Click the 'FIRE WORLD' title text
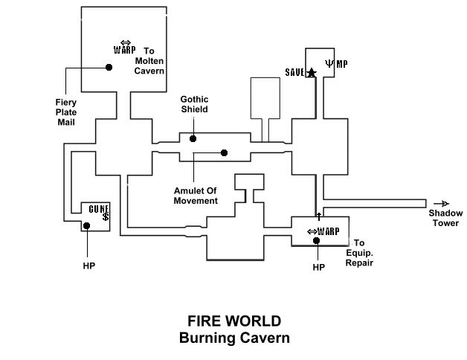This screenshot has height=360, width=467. (234, 321)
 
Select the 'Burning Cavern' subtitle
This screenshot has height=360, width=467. (234, 338)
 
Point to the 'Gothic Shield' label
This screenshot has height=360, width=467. (194, 104)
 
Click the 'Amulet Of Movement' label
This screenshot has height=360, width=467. (196, 196)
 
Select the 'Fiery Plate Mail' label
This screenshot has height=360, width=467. (66, 112)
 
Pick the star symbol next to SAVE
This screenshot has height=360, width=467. (312, 72)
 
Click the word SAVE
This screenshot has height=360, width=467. (295, 72)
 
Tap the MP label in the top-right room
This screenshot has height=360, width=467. (341, 64)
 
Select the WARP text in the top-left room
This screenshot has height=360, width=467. (124, 51)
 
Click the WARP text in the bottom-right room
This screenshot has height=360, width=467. (328, 231)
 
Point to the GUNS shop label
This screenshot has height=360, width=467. (99, 209)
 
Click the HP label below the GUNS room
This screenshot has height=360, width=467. (89, 265)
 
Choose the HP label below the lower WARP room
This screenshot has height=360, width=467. (319, 267)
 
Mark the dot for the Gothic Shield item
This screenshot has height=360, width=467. (193, 138)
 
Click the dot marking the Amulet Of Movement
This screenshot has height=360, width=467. (224, 152)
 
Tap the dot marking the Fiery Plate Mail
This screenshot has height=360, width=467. (109, 67)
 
